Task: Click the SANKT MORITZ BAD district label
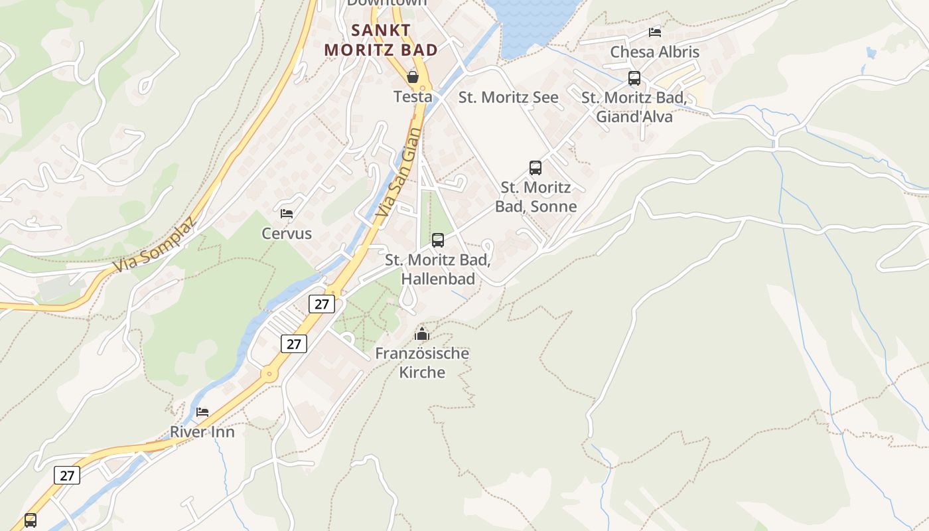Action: [381, 40]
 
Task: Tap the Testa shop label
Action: [413, 97]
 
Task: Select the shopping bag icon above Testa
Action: [413, 77]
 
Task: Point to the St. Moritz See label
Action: [508, 98]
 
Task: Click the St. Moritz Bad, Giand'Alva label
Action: [634, 107]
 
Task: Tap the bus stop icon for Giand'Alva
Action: [634, 78]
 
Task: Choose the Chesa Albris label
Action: [654, 52]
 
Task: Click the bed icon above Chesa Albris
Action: [655, 32]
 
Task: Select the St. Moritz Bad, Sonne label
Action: [536, 197]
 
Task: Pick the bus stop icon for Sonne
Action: [536, 168]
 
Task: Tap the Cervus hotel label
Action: [287, 234]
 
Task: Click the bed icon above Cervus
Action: [287, 214]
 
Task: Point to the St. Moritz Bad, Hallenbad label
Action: [438, 269]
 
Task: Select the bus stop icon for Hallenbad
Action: [438, 240]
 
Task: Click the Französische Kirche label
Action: [422, 362]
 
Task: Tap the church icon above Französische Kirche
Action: [422, 334]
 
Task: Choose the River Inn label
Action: [202, 432]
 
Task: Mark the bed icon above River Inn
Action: [202, 412]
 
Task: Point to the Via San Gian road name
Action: [398, 173]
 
